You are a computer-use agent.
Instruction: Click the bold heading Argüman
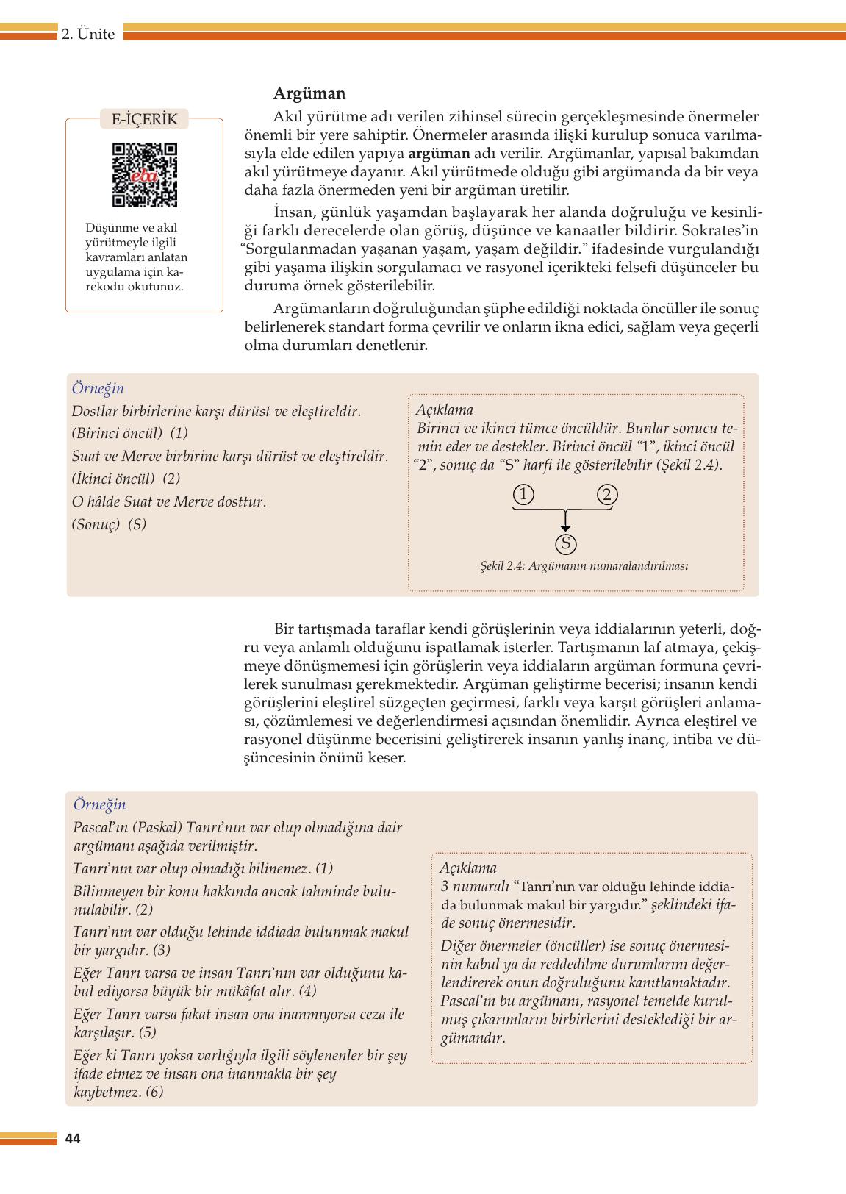(x=309, y=93)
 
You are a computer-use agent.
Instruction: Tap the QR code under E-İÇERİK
(x=145, y=175)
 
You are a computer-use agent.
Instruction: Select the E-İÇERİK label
(x=144, y=119)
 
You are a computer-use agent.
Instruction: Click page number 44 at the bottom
(x=73, y=1139)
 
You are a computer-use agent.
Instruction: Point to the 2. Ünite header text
(x=88, y=34)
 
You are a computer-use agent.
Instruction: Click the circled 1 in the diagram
(x=523, y=495)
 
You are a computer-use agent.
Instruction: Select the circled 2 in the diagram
(x=606, y=495)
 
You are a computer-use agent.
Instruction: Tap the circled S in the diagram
(x=565, y=544)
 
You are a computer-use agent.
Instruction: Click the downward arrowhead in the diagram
(x=564, y=526)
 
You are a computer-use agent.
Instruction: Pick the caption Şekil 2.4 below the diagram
(x=584, y=566)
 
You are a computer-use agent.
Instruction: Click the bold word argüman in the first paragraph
(x=439, y=154)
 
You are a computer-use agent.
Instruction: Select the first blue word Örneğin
(x=98, y=388)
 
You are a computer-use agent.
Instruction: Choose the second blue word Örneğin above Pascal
(x=99, y=804)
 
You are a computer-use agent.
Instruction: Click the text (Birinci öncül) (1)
(x=130, y=433)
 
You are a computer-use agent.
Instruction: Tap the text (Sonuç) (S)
(x=110, y=524)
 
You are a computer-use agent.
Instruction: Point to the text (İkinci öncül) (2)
(x=126, y=479)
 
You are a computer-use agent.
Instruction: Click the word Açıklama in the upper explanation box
(x=444, y=410)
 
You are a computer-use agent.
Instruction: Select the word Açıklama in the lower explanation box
(x=468, y=868)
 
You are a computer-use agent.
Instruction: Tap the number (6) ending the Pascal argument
(x=154, y=1092)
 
